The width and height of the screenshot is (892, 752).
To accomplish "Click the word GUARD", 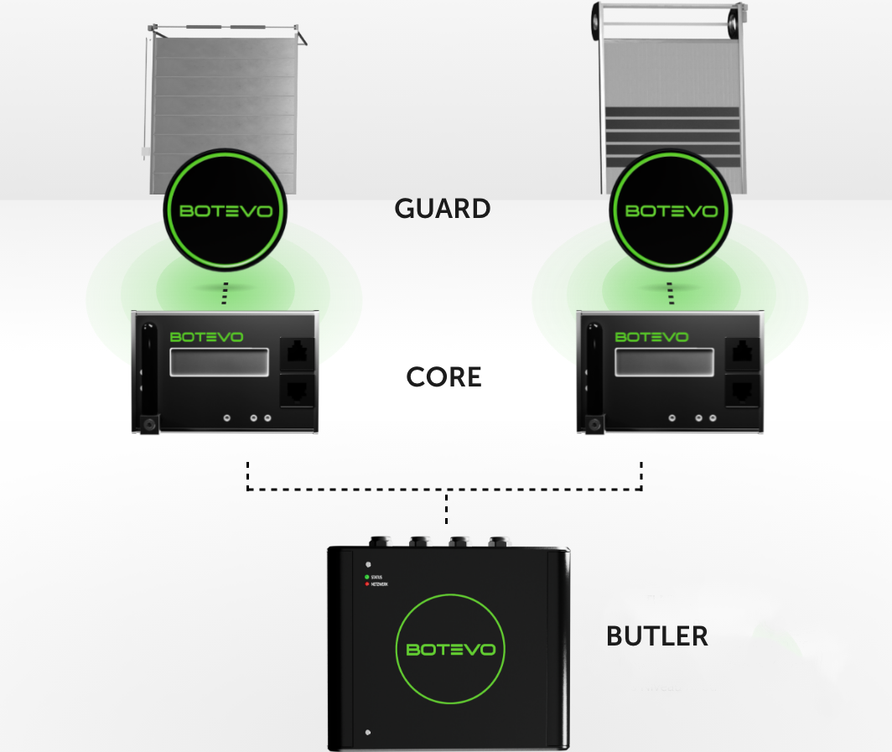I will (x=443, y=208).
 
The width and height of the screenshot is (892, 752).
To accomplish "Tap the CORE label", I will (x=443, y=377).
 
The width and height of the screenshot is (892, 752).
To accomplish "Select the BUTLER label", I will (x=656, y=636).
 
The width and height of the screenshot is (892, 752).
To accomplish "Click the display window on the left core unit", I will (x=221, y=362).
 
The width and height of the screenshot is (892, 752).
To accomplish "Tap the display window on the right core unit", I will (x=666, y=362).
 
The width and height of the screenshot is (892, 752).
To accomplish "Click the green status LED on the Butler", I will (x=366, y=577).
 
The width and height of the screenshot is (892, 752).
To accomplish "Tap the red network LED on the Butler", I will (x=366, y=583).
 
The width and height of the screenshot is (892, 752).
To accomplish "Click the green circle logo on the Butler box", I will (x=450, y=649).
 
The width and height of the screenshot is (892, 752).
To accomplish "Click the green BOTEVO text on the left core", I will (x=206, y=337).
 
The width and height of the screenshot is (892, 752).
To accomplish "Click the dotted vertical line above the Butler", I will (x=446, y=508).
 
